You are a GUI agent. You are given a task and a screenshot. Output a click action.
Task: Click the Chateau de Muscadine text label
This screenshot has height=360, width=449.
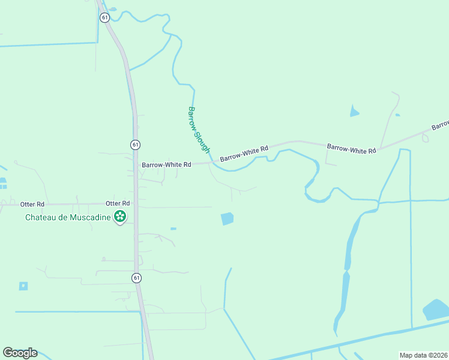pos(68,217)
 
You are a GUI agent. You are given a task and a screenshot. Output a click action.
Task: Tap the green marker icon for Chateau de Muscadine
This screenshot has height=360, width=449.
pos(120,217)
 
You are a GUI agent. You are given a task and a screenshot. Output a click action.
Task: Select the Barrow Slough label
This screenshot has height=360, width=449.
pos(199,130)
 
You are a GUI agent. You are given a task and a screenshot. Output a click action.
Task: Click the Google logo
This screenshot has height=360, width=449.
pos(20,353)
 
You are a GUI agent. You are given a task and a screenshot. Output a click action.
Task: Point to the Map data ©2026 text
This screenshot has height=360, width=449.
pos(423,355)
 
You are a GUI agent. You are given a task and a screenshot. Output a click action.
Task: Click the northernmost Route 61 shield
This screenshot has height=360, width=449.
pos(105,17)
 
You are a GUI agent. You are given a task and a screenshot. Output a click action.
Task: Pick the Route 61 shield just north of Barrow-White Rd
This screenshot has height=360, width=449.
pos(135,145)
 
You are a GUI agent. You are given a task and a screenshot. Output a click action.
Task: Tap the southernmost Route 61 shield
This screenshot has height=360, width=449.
pos(137,277)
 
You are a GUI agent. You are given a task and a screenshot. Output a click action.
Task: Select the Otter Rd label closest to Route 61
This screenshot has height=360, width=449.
pos(118,203)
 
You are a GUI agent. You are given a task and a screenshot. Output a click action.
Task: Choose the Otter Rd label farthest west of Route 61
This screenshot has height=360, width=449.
pos(32,203)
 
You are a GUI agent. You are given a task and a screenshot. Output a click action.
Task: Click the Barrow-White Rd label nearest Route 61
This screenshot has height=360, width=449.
pos(166,164)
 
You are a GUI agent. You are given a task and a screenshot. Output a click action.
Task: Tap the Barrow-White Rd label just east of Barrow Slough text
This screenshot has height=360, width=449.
pos(244,154)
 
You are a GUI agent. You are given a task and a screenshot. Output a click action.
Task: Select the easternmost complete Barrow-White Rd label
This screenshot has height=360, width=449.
pos(351,148)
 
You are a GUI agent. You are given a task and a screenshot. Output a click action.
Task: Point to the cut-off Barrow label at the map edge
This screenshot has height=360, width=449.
pos(440,125)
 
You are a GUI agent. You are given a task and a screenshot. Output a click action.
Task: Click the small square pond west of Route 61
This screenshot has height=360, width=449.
pos(23,286)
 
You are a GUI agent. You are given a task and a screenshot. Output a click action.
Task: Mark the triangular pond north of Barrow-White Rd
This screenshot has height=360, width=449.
pos(354,111)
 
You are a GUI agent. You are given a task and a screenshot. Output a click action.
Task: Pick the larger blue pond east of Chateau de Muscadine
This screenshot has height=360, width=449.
pos(227,219)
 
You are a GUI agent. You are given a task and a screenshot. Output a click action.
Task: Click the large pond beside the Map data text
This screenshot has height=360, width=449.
pos(436,310)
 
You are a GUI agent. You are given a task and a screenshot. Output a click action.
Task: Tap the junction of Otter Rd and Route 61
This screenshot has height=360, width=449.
pos(136,204)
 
